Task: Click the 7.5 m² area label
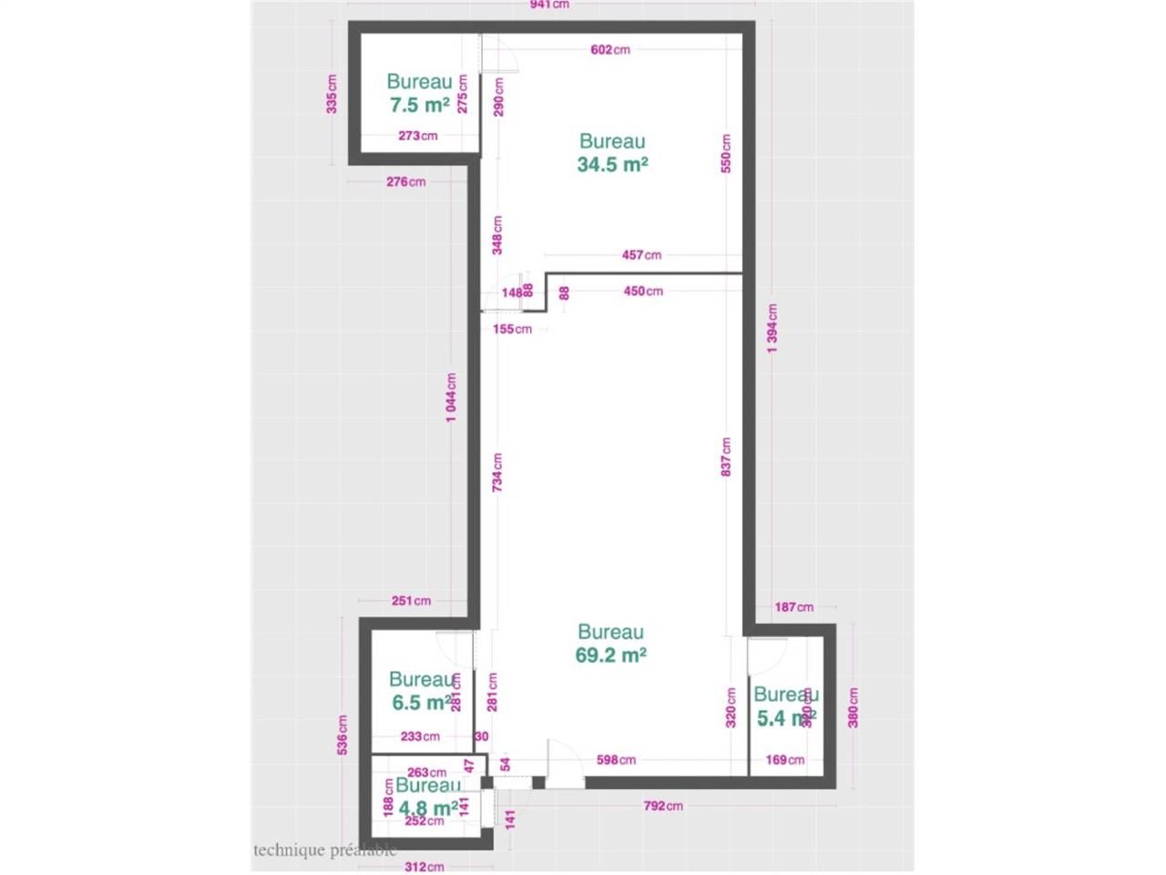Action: tap(419, 105)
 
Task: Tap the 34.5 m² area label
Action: tap(612, 164)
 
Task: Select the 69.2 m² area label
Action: tap(610, 654)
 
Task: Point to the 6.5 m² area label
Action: tap(421, 703)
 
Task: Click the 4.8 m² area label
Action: tap(427, 808)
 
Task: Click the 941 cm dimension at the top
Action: tap(549, 5)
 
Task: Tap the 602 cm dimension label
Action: tap(610, 49)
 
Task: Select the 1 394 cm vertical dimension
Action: tap(772, 328)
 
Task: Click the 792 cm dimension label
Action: tap(662, 806)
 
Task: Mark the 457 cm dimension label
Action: tap(641, 255)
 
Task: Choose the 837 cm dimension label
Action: tap(726, 457)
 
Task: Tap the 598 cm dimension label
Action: tap(616, 759)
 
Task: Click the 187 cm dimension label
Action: tap(793, 607)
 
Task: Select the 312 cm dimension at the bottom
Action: tap(424, 867)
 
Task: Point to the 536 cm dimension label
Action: tap(343, 735)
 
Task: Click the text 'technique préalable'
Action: tap(324, 850)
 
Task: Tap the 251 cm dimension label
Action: tap(411, 601)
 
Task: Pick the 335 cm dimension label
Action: tap(332, 94)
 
